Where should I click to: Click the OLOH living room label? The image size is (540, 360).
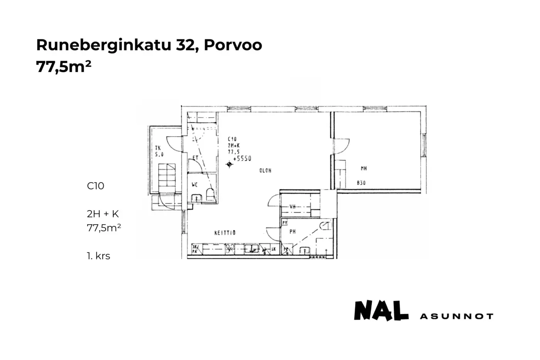(x=265, y=170)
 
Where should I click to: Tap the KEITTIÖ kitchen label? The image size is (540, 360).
(x=225, y=233)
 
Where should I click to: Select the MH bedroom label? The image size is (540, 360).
(x=363, y=168)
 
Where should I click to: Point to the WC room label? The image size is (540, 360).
(x=195, y=185)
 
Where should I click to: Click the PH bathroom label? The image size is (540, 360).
(x=293, y=232)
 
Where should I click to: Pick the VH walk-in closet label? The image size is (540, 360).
(x=293, y=207)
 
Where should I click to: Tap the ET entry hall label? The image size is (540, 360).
(x=195, y=158)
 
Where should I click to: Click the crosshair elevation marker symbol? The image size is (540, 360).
(x=229, y=165)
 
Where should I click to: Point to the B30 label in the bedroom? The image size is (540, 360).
(x=361, y=183)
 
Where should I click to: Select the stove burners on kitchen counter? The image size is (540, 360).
(x=231, y=249)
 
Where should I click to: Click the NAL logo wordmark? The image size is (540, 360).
(x=381, y=311)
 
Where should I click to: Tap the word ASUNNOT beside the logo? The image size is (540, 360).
(x=456, y=316)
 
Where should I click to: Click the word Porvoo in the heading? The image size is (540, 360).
(x=233, y=45)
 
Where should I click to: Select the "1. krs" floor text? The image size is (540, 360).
(x=98, y=256)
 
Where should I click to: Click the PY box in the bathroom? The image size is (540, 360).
(x=285, y=223)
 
